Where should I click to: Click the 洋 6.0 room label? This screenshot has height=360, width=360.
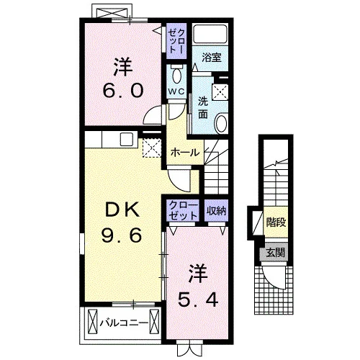pos(123,77)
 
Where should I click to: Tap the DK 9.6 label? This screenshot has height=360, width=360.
pos(121,222)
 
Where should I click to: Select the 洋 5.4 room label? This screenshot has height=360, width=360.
pos(198,286)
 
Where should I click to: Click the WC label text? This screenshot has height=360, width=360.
pos(176,91)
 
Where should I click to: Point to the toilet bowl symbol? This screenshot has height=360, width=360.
pos(177,76)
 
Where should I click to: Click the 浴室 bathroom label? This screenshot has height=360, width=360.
pos(212,58)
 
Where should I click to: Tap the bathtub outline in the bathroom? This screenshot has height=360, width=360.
pos(210,34)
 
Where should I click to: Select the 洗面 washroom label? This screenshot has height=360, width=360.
pos(203,109)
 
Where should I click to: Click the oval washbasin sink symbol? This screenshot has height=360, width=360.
pos(221,124)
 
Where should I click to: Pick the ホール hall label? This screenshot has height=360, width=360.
pos(185,153)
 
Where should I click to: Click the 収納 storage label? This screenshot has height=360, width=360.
pos(216,211)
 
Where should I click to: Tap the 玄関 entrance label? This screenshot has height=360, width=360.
pos(276,253)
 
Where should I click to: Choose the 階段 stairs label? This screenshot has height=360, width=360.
pos(276,222)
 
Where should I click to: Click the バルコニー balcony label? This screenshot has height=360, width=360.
pos(124,323)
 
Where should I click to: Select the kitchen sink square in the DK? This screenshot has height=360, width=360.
pos(127,139)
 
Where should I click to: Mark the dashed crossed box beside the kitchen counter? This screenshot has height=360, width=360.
pos(152,148)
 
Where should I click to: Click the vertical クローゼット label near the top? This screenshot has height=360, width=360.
pos(176,41)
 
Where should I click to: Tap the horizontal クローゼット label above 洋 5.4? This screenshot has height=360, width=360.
pos(183,211)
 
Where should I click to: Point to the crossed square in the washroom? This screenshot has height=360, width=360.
pos(220,92)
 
